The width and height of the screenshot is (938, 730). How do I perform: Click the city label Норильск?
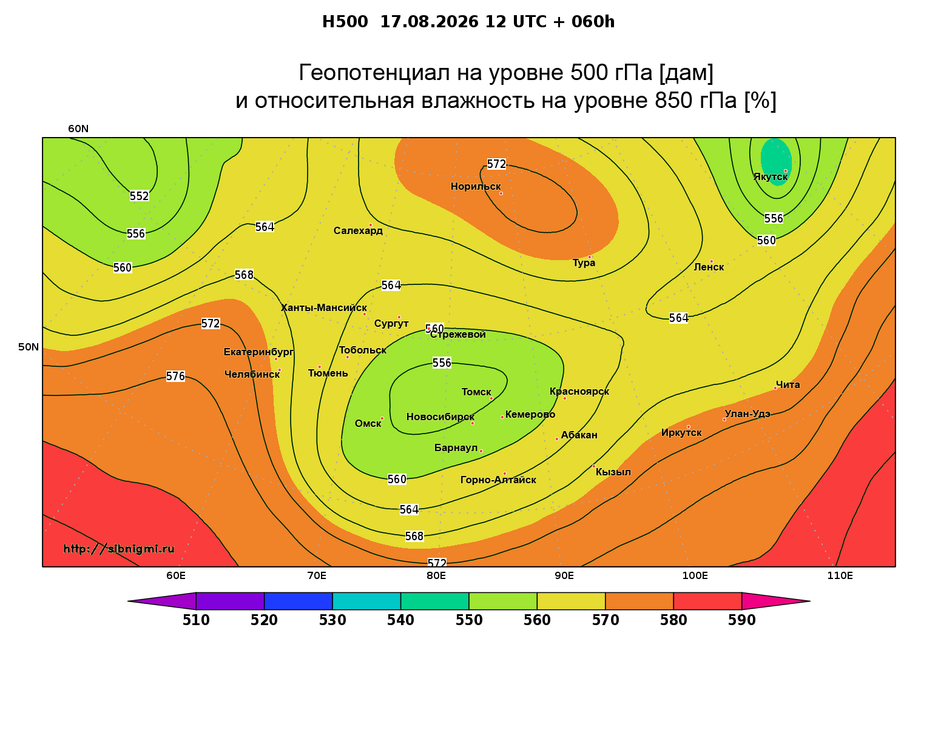(476, 187)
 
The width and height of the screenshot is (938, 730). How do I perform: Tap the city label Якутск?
(771, 177)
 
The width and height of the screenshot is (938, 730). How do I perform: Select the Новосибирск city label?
(440, 417)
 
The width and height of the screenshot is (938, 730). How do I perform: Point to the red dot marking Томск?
(491, 398)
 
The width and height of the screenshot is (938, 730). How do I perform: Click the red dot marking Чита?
(775, 388)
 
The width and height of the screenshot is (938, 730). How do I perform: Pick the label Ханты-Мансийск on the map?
(324, 308)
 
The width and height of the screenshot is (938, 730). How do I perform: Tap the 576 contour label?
(176, 377)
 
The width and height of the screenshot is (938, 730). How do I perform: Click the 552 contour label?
(140, 196)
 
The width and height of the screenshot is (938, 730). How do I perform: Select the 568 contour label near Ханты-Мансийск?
(245, 275)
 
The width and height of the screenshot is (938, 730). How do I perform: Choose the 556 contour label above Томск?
(442, 363)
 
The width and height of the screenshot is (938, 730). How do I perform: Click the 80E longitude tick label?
(436, 575)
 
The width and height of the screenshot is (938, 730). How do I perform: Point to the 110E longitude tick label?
(840, 575)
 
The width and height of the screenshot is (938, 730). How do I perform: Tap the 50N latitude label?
(29, 347)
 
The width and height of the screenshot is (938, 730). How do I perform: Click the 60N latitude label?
(78, 129)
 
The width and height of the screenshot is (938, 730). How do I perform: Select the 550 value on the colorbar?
(469, 620)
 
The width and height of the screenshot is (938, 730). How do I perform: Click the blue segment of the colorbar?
(299, 601)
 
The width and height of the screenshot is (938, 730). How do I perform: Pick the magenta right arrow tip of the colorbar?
(810, 601)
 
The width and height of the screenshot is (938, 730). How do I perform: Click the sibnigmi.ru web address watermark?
(119, 549)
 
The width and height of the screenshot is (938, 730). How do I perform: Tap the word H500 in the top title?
(345, 22)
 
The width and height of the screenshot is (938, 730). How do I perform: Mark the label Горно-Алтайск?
(498, 480)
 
